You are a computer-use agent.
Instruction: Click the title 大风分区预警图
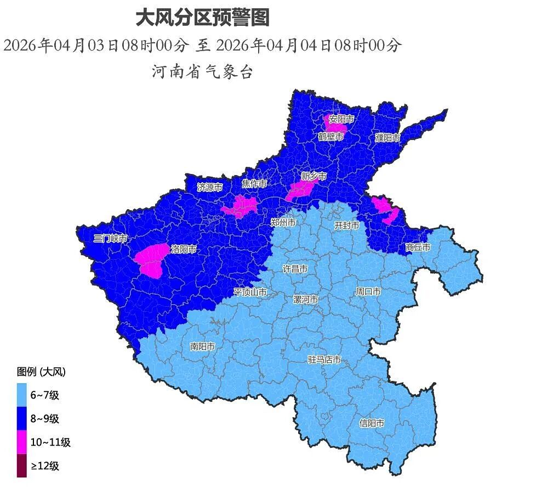202,18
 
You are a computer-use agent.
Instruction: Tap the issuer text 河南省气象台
202,71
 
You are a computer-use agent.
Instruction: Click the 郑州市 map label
283,222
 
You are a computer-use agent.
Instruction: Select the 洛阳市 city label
184,249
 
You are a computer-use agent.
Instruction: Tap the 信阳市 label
372,423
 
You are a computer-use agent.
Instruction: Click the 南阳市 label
202,346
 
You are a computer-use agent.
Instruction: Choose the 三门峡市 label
110,238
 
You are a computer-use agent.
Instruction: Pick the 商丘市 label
418,248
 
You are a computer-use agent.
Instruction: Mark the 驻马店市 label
324,360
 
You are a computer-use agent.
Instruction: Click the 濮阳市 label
387,138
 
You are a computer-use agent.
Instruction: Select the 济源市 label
210,187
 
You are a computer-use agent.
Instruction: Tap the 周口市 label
368,291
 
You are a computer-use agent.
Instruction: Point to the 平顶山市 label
250,292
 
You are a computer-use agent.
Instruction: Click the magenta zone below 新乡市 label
300,190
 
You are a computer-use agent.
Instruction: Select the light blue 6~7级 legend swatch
21,395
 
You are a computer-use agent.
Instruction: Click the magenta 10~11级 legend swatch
21,442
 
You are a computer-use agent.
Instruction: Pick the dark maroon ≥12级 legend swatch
21,466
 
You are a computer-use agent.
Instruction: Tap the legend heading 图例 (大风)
41,372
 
